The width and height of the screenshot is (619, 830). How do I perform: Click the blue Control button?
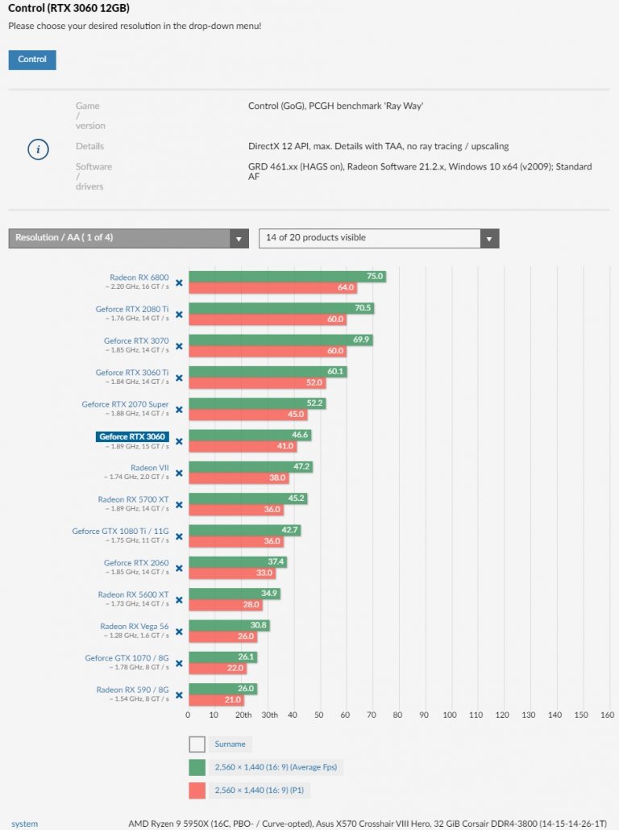pos(32,60)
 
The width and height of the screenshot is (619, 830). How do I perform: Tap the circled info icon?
pos(39,150)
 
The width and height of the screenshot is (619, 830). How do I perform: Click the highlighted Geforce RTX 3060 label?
pos(132,436)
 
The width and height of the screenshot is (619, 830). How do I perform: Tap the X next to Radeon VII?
pos(179,473)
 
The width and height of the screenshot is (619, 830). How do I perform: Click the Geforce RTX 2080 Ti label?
pos(132,309)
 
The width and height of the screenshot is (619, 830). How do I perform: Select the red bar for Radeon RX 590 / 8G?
pos(216,699)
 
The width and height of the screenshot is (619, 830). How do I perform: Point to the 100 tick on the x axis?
pos(450,715)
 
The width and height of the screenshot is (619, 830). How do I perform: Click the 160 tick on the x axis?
pos(607,715)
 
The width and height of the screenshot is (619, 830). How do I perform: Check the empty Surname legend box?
pos(197,744)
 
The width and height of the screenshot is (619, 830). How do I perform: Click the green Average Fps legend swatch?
pos(197,768)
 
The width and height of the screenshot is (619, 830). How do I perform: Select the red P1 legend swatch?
pos(197,791)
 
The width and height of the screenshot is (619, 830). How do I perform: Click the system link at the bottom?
pos(24,824)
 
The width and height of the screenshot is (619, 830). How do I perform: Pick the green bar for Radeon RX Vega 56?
pos(228,624)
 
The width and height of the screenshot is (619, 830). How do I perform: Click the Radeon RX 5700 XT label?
pos(133,499)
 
